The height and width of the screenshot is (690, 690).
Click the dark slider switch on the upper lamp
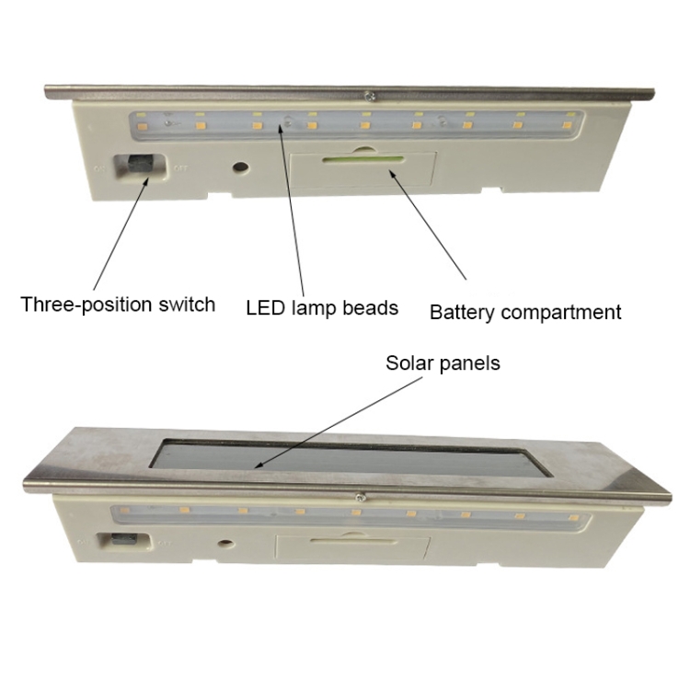tap(141, 164)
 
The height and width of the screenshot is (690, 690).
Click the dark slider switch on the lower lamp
tap(124, 538)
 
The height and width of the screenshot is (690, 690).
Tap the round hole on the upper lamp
tap(240, 167)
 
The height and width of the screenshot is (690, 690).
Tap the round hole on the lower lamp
tap(226, 544)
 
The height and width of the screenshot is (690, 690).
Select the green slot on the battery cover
tap(363, 159)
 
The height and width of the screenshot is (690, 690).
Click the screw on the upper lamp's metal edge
tap(370, 95)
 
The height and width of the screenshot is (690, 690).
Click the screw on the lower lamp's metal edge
tap(361, 497)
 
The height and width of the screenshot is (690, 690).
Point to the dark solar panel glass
tap(351, 457)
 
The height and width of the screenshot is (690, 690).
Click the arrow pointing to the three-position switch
tap(121, 234)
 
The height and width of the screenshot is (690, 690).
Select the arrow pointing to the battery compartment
tap(427, 224)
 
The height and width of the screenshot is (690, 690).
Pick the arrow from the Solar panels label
tap(339, 422)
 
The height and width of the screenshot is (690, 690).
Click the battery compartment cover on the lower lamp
tap(352, 547)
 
